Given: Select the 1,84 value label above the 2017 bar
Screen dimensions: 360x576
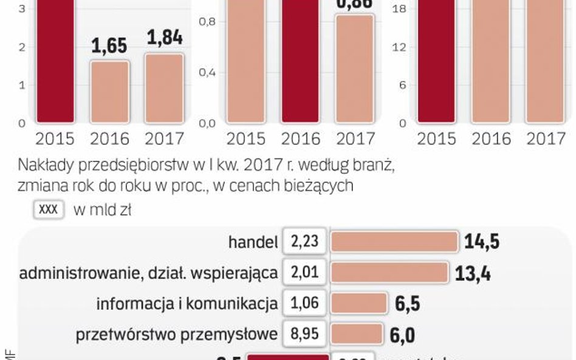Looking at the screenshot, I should point(164,38).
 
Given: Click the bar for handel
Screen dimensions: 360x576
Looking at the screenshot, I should point(394,242).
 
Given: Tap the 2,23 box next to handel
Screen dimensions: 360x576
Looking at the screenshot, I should point(305,242).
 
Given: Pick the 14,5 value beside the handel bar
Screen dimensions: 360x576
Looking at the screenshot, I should point(481,242).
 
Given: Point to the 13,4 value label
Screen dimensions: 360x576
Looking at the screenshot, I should point(473,273).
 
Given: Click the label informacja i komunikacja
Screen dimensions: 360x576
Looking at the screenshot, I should point(187,303).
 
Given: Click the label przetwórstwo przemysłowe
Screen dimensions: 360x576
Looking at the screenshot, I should point(177,333).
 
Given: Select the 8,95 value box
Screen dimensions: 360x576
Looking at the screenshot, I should point(305,333).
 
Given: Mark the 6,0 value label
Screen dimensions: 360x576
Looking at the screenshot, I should point(404,335).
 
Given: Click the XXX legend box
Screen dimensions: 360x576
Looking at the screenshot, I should point(48,209).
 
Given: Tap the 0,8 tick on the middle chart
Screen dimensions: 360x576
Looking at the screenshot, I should point(208,22).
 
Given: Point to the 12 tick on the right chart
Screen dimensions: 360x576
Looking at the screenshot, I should point(399,47).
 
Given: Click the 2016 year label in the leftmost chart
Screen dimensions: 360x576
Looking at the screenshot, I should point(109,139).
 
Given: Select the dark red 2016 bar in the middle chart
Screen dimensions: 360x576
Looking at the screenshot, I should point(300,61).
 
